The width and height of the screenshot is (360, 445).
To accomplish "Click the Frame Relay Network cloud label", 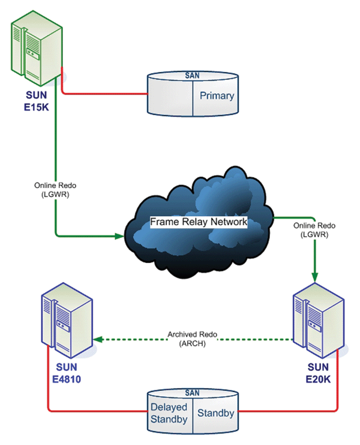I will tap(198, 222).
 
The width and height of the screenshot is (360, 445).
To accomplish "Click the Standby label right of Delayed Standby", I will tap(215, 414).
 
